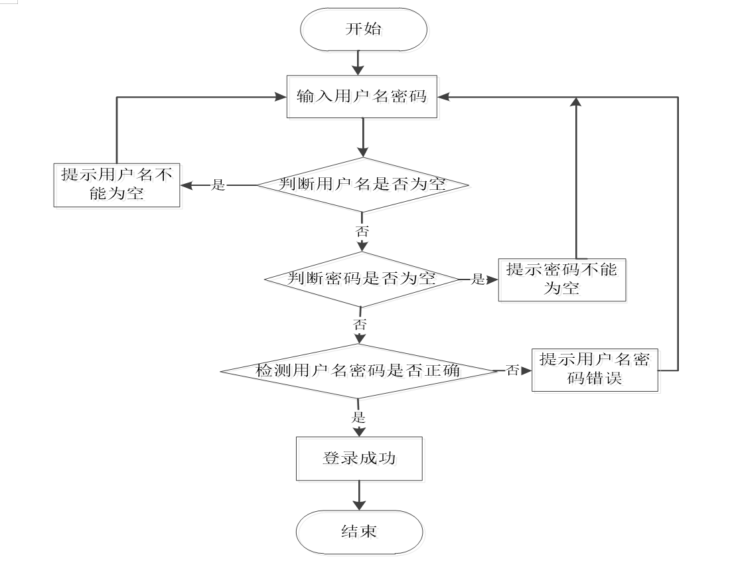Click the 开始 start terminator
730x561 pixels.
364,29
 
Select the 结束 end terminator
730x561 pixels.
360,532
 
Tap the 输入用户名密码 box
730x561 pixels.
362,96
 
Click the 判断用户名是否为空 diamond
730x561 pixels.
362,185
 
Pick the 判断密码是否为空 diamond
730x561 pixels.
362,280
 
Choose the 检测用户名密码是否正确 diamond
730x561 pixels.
358,371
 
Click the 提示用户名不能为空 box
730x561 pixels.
117,185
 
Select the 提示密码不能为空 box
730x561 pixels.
562,280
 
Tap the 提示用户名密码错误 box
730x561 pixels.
595,370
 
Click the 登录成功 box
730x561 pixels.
360,459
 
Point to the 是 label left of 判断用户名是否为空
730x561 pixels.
218,185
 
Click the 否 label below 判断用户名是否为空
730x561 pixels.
362,232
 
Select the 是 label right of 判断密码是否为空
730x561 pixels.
478,280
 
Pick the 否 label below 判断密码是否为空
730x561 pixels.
360,325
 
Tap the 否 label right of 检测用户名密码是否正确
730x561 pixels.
512,370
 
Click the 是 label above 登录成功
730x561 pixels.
358,417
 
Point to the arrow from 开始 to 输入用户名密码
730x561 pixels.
358,63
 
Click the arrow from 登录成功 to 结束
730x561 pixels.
360,495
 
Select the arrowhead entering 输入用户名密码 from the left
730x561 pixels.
281,97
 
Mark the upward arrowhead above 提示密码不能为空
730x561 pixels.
576,102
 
